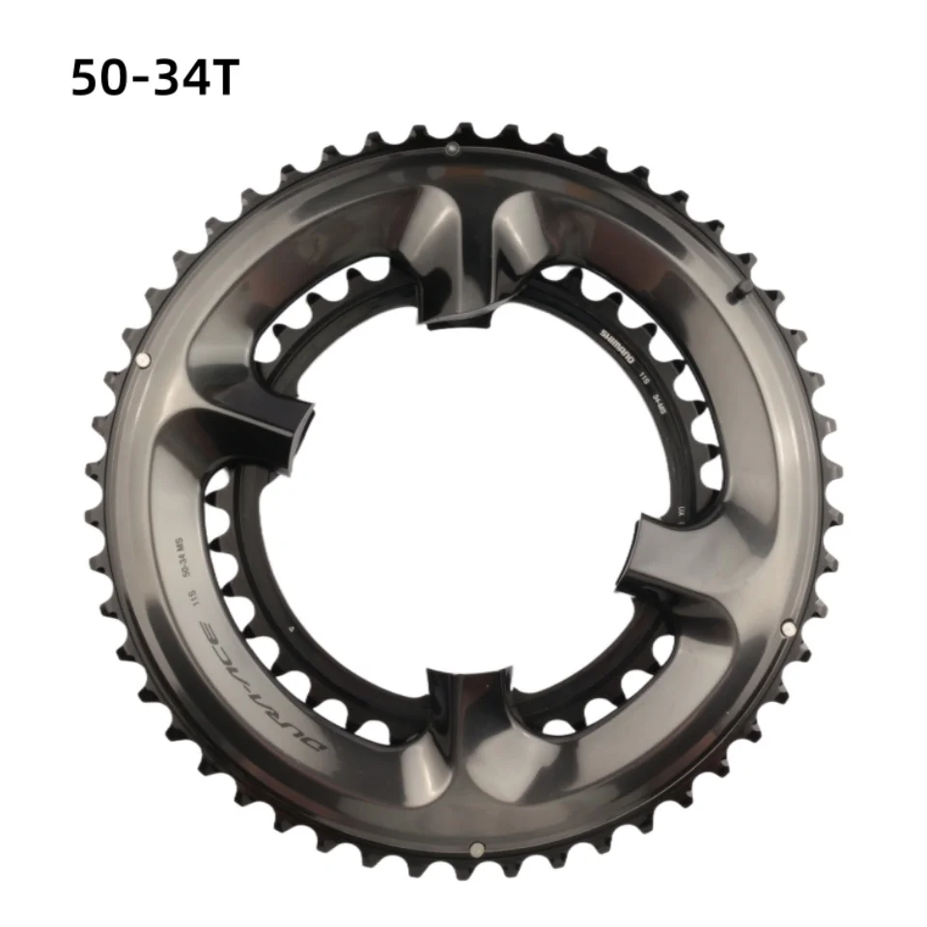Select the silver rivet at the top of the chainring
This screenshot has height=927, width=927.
click(x=450, y=148)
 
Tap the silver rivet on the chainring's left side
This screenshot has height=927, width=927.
click(x=144, y=359)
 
